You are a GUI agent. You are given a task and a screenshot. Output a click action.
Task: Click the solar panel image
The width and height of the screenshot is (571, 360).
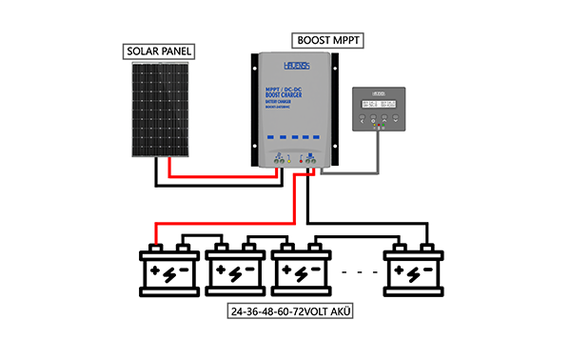[x=161, y=110]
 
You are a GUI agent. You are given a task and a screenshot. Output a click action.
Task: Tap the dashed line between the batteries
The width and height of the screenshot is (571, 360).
[x=357, y=273]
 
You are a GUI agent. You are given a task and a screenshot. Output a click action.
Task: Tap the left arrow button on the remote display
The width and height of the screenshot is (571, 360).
[x=362, y=120]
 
